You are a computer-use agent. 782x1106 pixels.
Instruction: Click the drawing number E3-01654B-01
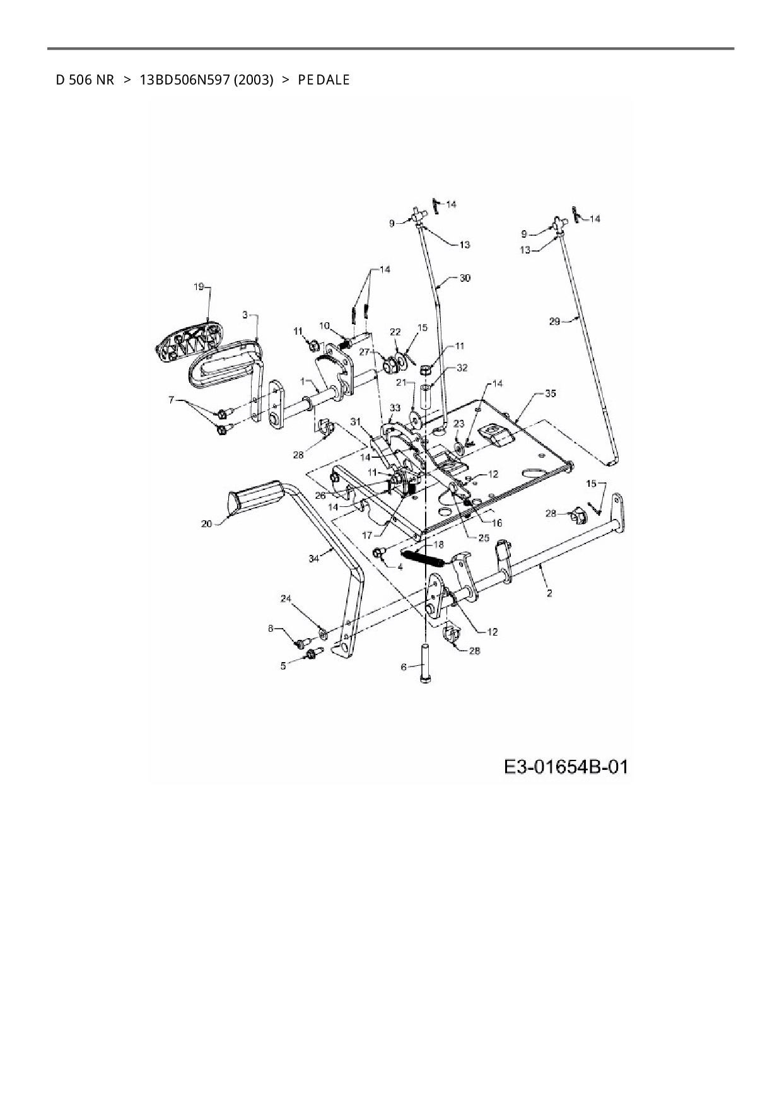[566, 767]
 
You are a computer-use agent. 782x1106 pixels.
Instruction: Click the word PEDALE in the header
[324, 80]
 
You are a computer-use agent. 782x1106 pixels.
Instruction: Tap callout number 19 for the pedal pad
[198, 287]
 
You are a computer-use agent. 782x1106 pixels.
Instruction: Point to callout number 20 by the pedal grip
[206, 523]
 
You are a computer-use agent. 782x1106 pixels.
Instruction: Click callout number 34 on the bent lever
[315, 557]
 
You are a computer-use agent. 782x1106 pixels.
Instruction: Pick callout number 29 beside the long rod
[554, 321]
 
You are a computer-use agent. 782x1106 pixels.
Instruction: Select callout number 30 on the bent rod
[465, 278]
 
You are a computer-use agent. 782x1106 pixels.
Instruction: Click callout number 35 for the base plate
[551, 393]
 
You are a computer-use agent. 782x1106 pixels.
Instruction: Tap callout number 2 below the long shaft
[549, 593]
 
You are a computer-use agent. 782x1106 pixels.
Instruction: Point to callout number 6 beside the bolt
[404, 667]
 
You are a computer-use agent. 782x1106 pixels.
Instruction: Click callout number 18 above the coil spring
[438, 544]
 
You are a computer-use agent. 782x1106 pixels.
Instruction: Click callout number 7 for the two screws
[170, 400]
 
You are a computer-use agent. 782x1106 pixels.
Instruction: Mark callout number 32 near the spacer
[462, 368]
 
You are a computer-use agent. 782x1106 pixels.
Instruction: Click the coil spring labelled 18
[426, 558]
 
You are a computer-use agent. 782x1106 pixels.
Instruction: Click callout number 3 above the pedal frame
[246, 314]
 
